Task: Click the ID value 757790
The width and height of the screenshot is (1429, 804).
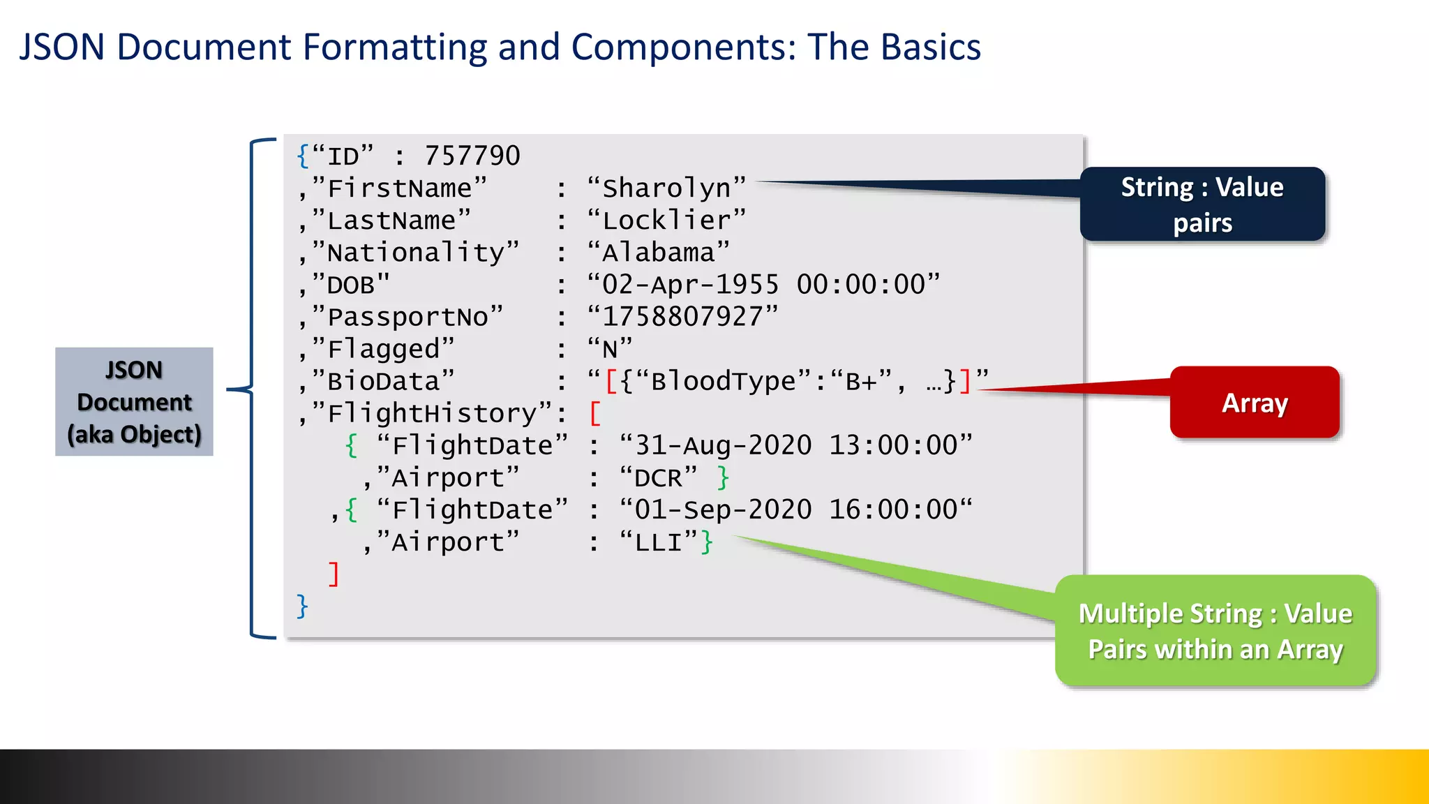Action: [472, 156]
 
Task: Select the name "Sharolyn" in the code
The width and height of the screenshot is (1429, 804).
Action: [667, 188]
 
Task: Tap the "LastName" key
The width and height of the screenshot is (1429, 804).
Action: [391, 221]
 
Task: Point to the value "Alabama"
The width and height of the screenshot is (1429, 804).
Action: [659, 253]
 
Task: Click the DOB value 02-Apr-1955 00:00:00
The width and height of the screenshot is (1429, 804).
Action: [763, 285]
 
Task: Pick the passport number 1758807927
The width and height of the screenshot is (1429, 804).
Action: [682, 317]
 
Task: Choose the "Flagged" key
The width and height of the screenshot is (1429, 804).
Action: [383, 349]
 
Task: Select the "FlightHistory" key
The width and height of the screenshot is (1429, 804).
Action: [433, 413]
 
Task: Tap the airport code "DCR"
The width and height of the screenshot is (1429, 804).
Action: [658, 478]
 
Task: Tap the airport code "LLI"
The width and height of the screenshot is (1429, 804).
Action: [658, 542]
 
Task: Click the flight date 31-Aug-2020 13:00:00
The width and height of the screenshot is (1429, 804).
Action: [796, 445]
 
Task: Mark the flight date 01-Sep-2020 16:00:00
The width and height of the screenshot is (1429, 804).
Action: [796, 510]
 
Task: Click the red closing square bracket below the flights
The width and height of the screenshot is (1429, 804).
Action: [334, 574]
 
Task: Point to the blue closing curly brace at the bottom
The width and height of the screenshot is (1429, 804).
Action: [302, 606]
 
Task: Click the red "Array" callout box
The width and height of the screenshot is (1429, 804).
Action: [1255, 403]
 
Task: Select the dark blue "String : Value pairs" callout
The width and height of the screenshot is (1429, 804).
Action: [1202, 204]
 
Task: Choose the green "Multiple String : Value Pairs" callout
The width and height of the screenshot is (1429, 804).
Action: [1215, 630]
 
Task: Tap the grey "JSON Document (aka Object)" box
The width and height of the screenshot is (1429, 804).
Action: [134, 402]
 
